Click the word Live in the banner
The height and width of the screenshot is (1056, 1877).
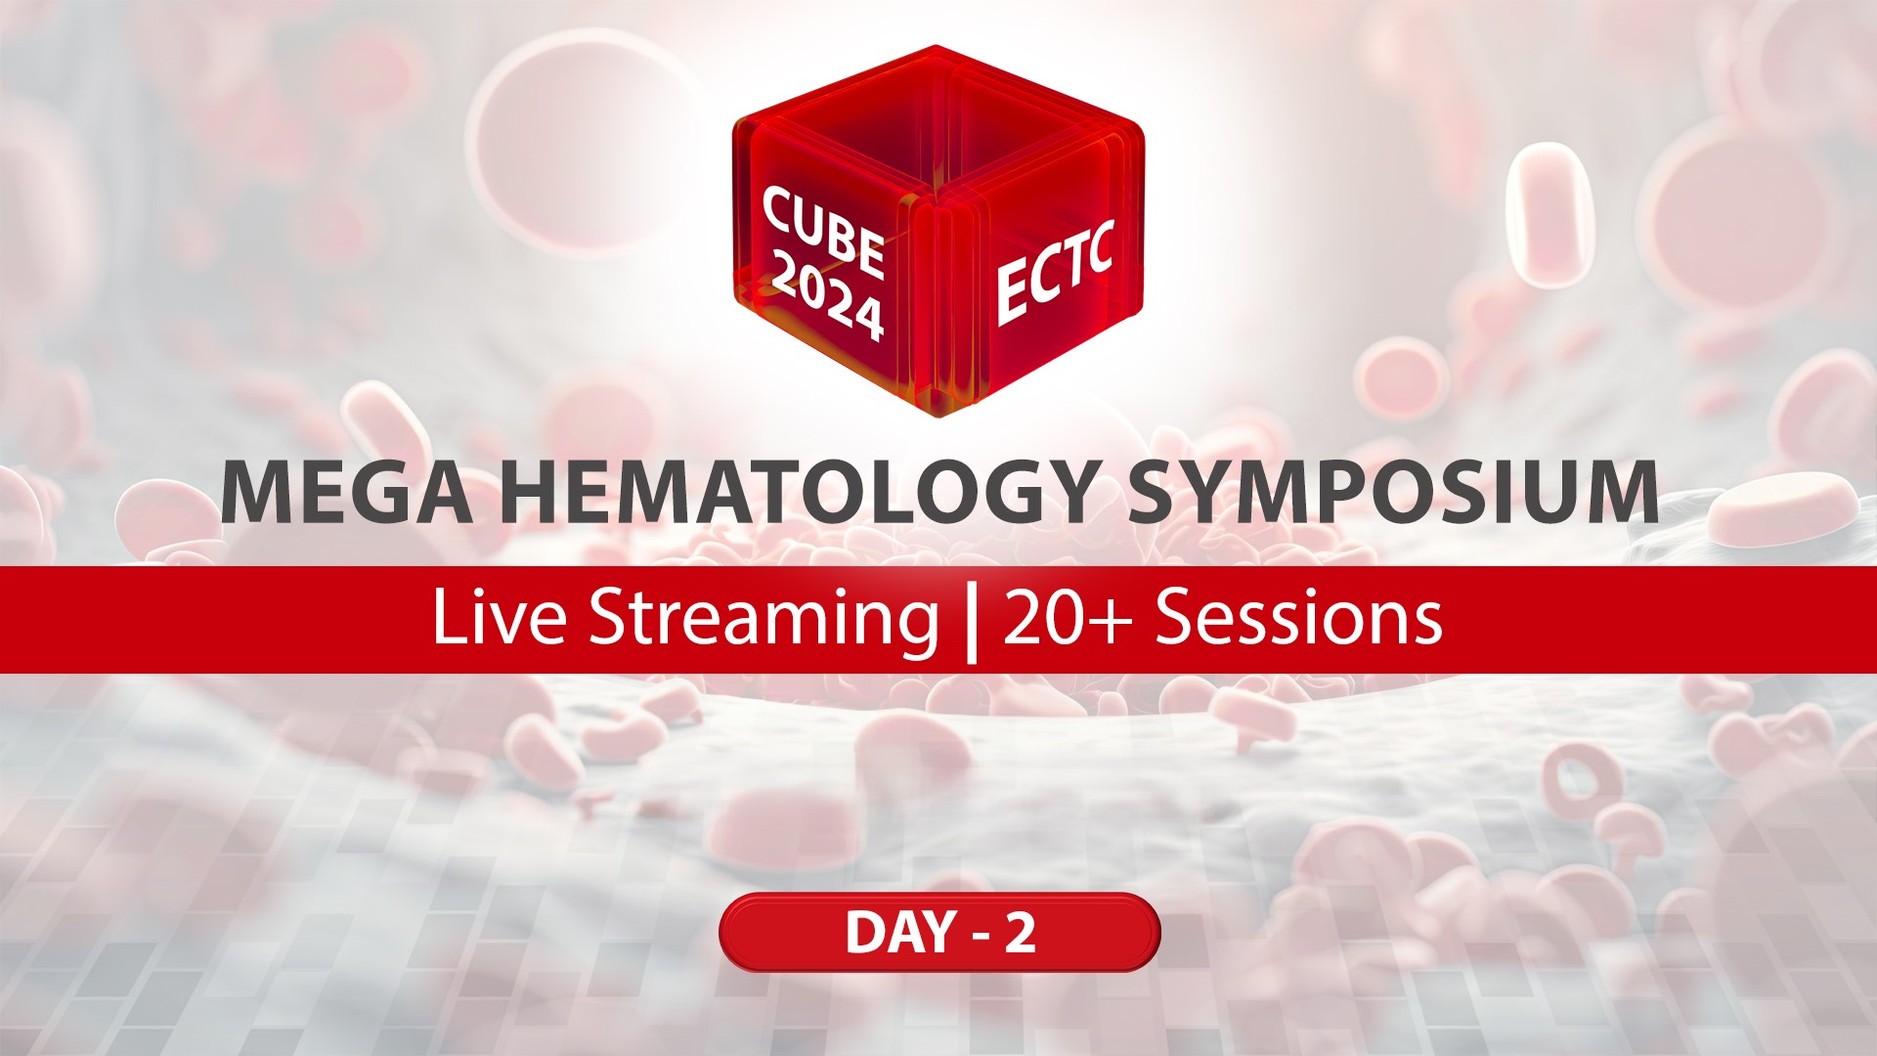pyautogui.click(x=499, y=619)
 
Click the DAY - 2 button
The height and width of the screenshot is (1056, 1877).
pyautogui.click(x=939, y=932)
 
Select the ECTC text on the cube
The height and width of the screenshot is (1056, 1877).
pyautogui.click(x=1054, y=271)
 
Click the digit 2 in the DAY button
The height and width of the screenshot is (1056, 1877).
pyautogui.click(x=1020, y=933)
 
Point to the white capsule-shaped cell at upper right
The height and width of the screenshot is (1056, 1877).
pyautogui.click(x=1550, y=215)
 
